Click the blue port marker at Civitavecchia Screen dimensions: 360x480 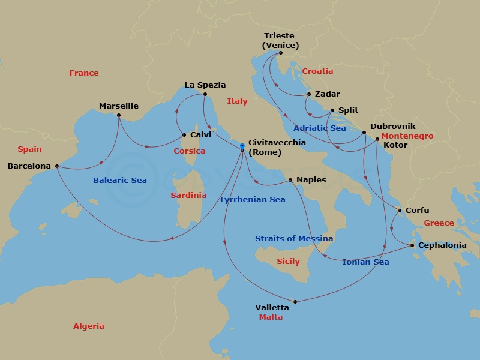pos(242,146)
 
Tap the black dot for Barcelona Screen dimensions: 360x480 pos(57,166)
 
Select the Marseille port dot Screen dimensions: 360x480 pos(119,115)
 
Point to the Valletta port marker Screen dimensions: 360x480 pos(295,301)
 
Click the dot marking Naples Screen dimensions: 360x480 pos(290,180)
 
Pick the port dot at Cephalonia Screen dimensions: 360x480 pos(412,245)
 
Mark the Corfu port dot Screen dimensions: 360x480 pos(400,211)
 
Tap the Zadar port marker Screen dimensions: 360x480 pos(309,94)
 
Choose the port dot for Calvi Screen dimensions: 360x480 pos(184,135)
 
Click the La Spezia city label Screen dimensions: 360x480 pos(205,85)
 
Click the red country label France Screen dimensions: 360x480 pos(84,73)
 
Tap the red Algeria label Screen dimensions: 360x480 pos(89,326)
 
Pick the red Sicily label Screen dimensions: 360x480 pos(288,262)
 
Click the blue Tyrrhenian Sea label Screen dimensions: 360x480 pos(253,200)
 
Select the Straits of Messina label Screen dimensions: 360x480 pos(294,239)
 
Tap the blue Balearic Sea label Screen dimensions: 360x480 pos(120,180)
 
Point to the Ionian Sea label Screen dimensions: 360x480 pos(365,262)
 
